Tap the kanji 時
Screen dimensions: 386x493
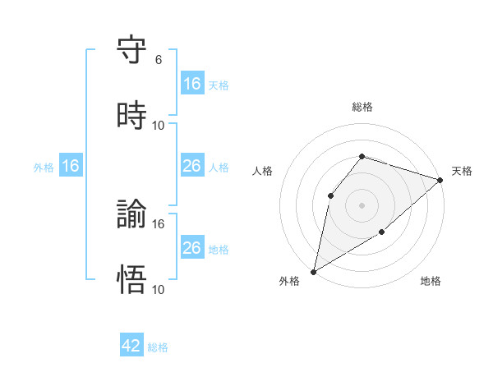point(131,116)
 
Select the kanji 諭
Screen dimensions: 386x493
point(131,215)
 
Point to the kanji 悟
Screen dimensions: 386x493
point(131,280)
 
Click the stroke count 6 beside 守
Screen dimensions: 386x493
point(159,60)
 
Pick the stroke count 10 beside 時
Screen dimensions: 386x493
point(159,125)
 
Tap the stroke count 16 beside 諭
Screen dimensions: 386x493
point(159,223)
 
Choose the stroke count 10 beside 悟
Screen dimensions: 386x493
point(159,289)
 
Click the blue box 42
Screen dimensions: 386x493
point(131,346)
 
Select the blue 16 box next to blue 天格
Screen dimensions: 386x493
point(192,83)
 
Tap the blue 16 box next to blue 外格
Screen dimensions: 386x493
point(71,166)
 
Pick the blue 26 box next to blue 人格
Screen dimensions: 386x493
point(192,166)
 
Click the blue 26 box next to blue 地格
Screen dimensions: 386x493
point(192,248)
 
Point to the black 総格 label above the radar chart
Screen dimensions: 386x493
point(362,107)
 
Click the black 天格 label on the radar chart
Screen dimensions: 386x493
point(462,171)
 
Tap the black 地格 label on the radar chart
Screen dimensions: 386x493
point(431,282)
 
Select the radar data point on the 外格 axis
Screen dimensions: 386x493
point(313,271)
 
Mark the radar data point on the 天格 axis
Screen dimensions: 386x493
point(440,179)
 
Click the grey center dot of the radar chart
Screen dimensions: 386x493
point(362,204)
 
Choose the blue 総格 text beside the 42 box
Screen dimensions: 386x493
point(158,347)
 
